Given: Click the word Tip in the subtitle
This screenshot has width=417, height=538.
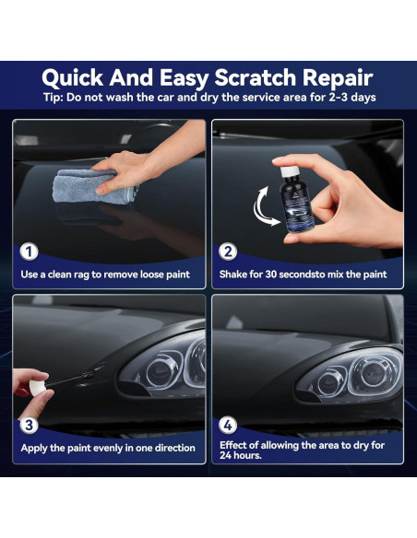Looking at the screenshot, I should tap(54, 98).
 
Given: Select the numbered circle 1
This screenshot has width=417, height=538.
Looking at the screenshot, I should tap(30, 251).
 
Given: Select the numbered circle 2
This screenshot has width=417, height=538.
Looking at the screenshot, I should tap(228, 251).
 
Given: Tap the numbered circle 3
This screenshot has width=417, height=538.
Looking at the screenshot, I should tap(30, 425).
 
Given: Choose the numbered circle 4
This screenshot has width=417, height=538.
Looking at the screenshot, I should tap(228, 425).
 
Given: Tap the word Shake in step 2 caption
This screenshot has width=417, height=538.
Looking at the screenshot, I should tap(236, 275).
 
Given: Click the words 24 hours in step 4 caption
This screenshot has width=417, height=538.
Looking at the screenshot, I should tap(244, 455).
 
